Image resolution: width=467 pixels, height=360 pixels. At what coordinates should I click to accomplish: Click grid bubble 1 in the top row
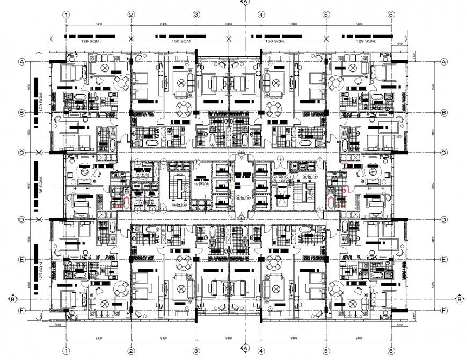point(65,15)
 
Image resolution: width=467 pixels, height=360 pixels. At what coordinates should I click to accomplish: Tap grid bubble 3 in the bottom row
point(196,350)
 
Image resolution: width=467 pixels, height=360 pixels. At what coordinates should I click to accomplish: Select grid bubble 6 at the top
point(391,15)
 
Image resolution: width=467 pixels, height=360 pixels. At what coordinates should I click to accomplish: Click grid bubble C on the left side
point(23,153)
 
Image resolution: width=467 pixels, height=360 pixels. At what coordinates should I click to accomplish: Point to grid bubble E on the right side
point(444,260)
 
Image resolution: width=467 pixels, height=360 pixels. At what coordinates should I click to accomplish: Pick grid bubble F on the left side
point(23,311)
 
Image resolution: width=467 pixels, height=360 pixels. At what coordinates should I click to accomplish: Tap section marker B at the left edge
point(11,298)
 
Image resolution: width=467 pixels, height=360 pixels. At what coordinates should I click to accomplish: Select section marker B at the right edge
point(459,298)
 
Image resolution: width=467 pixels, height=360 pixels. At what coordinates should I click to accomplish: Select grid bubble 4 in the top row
point(261,15)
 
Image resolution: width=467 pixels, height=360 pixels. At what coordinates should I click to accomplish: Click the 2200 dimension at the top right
point(399,44)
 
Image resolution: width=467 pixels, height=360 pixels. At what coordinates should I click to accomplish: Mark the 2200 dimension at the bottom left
point(57,325)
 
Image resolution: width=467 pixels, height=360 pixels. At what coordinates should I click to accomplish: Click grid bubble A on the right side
point(444,62)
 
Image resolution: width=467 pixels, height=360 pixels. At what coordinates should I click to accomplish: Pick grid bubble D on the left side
point(23,220)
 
